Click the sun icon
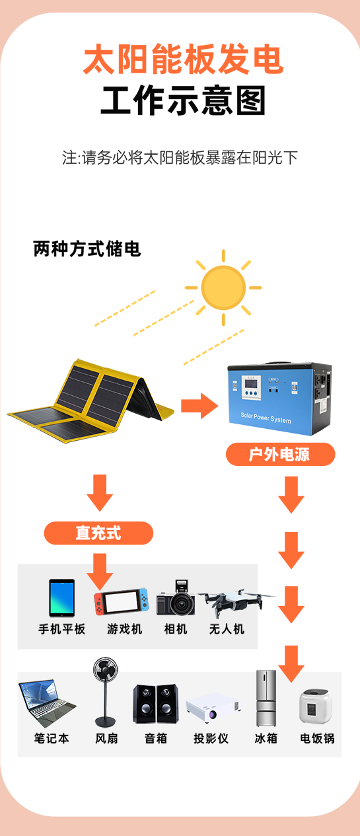pyautogui.click(x=223, y=287)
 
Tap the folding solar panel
pyautogui.click(x=90, y=401)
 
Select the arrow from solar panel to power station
pyautogui.click(x=199, y=406)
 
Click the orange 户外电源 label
pyautogui.click(x=280, y=454)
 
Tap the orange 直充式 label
pyautogui.click(x=98, y=533)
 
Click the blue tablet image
pyautogui.click(x=62, y=598)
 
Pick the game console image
pyautogui.click(x=122, y=601)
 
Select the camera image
pyautogui.click(x=176, y=597)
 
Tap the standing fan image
pyautogui.click(x=106, y=692)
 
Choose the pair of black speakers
pyautogui.click(x=156, y=704)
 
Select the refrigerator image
pyautogui.click(x=266, y=699)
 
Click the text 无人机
pyautogui.click(x=227, y=629)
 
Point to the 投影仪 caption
pyautogui.click(x=211, y=738)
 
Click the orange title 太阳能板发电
pyautogui.click(x=184, y=59)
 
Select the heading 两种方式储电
pyautogui.click(x=87, y=248)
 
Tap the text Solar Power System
pyautogui.click(x=266, y=418)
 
